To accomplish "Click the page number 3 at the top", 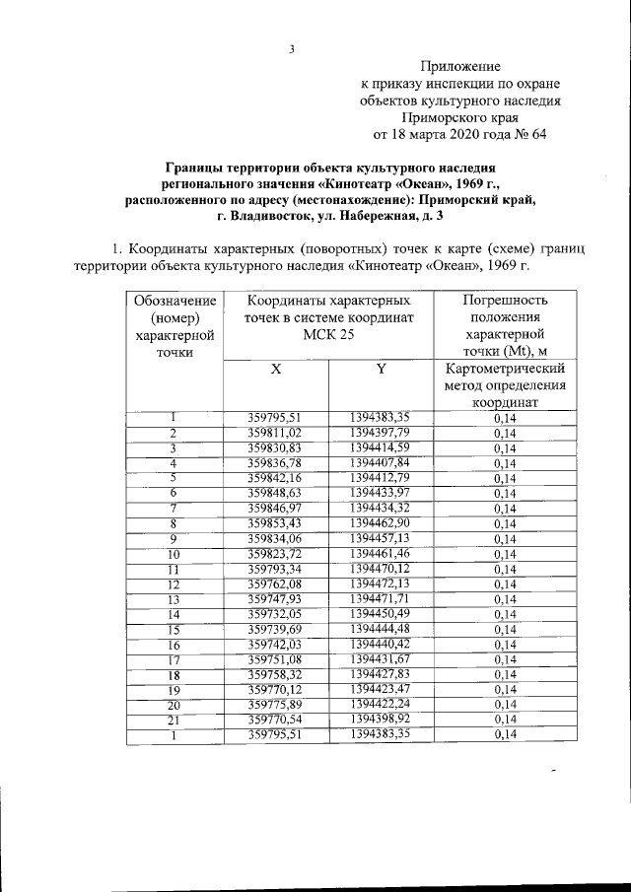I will pos(293,50).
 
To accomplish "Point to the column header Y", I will pos(380,370).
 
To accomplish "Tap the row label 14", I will pos(174,614).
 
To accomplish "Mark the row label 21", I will pos(174,720).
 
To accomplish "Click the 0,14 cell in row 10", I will pos(504,554).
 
